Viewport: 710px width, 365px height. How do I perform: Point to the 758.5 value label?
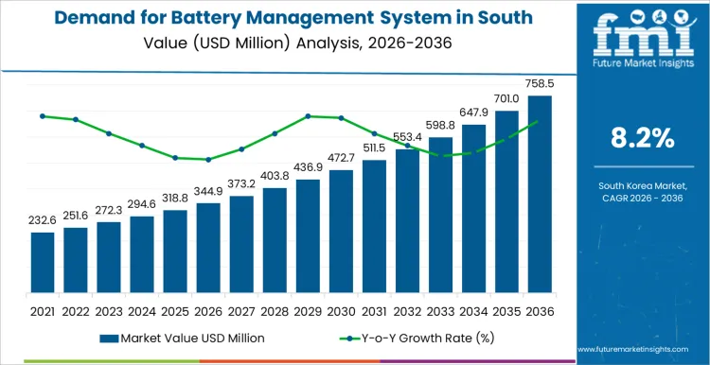coord(539,84)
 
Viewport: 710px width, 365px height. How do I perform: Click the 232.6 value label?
coord(43,220)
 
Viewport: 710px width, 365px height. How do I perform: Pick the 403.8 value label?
coord(275,176)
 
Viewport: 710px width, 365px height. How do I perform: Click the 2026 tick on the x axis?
coord(208,310)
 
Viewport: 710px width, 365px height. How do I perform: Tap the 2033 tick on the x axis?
coord(440,310)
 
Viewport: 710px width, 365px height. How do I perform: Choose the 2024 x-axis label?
coord(142,310)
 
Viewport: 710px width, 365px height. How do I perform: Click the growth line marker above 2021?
coord(43,116)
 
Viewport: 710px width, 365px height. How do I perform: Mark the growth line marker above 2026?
coord(208,160)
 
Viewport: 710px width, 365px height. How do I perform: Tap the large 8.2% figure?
coord(643,139)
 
